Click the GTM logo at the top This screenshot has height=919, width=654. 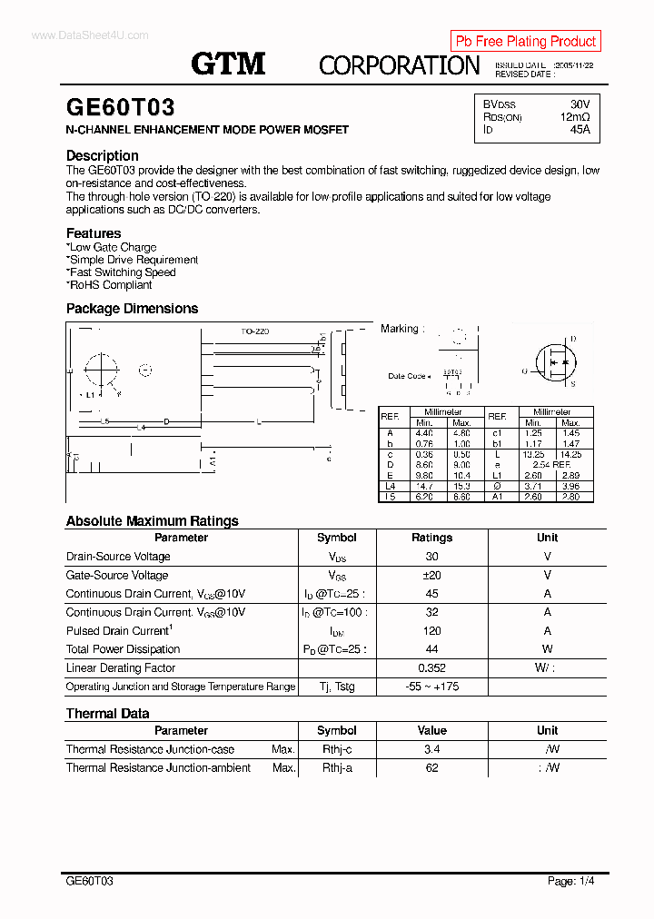(x=228, y=64)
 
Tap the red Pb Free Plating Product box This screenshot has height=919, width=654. (x=525, y=41)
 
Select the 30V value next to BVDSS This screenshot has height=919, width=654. (x=580, y=104)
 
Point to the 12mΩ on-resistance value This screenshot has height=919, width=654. (x=575, y=117)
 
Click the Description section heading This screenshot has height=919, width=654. (x=102, y=155)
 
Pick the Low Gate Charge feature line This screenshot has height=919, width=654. (x=112, y=247)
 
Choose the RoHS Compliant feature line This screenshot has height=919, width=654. (x=110, y=284)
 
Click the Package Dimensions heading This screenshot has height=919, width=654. (x=132, y=309)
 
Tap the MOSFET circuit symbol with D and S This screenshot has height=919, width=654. (x=554, y=361)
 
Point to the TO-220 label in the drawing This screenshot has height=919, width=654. (x=254, y=331)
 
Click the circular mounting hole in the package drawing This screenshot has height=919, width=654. (x=101, y=370)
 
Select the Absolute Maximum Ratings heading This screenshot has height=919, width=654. (x=152, y=521)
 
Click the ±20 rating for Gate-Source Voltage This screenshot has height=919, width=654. (x=431, y=575)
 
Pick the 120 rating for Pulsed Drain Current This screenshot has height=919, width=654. (x=431, y=630)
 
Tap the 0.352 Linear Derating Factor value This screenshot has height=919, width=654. (x=431, y=667)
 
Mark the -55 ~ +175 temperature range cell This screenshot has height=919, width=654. (x=431, y=687)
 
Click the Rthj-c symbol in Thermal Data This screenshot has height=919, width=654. (x=336, y=749)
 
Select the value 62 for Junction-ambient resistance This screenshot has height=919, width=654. (x=431, y=767)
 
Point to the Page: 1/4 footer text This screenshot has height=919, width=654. (x=571, y=881)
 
